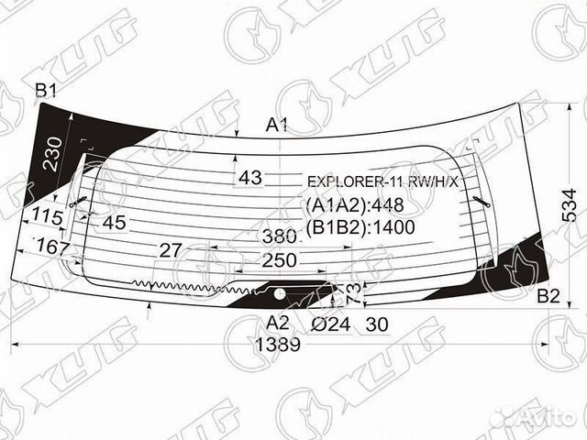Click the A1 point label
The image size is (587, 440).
click(278, 126)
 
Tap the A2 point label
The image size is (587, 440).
click(278, 322)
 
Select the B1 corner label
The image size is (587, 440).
click(46, 90)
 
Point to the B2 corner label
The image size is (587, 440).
click(548, 295)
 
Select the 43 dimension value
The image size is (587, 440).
click(249, 177)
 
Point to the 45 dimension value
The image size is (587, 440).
click(114, 222)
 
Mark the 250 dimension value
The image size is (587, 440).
click(280, 260)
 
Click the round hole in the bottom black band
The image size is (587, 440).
click(277, 293)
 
